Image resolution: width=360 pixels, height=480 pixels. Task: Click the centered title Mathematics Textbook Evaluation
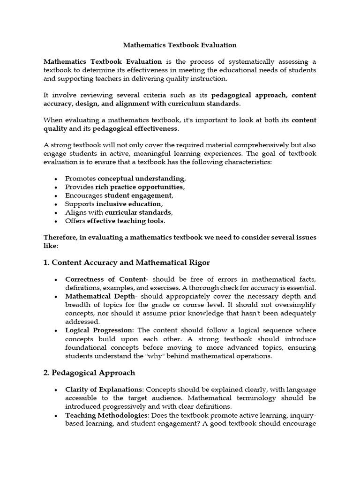180,45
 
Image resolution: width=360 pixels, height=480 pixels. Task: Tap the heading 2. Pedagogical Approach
89,373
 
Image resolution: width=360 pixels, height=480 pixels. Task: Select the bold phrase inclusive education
129,204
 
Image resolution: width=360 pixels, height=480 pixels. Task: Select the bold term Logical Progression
99,330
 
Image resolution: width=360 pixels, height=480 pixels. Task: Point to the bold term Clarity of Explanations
104,390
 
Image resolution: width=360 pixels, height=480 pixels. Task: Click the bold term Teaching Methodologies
106,415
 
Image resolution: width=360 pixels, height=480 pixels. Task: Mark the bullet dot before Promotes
56,179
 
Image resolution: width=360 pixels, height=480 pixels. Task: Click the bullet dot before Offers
56,221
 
